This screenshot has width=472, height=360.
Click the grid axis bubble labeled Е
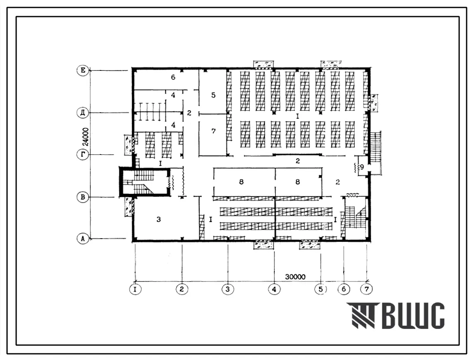pos(83,71)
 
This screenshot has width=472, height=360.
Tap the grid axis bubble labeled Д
pos(83,113)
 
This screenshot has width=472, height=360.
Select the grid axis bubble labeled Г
pos(83,155)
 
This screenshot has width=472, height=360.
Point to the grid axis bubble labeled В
pos(83,198)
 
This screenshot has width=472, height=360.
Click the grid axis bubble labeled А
pos(83,239)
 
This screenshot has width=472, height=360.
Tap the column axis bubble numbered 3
pos(228,289)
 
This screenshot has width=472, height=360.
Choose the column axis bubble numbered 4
pos(274,289)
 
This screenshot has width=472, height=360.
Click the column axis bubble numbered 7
pos(366,289)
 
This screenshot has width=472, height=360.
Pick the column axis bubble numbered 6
pos(344,289)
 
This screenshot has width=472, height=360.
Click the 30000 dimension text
pos(295,277)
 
